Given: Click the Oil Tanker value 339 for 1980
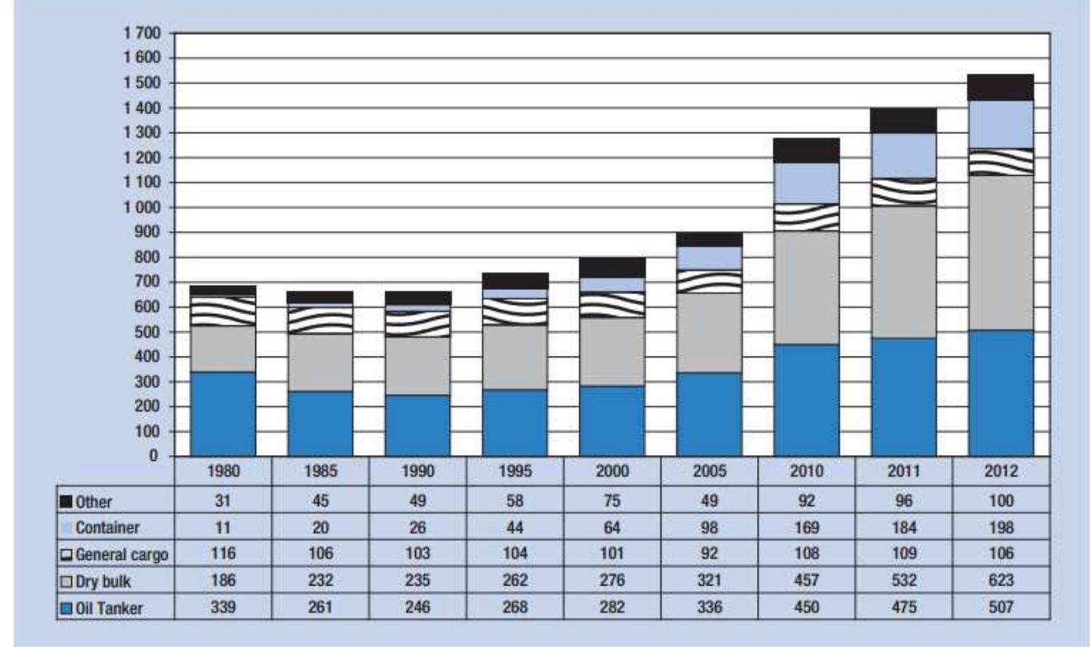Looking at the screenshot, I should click(222, 609).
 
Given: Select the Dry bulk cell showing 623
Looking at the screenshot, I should click(1001, 581).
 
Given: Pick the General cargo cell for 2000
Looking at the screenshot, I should click(612, 555).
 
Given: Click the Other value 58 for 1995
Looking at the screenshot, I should click(515, 501).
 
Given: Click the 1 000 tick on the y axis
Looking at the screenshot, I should click(144, 207).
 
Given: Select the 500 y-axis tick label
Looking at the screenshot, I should click(150, 332).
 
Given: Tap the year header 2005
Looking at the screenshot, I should click(709, 473).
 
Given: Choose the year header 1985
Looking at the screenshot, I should click(320, 473).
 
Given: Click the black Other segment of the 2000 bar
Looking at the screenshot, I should click(612, 267).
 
